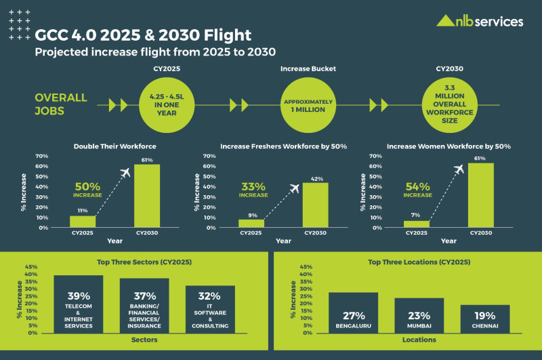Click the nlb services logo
pyautogui.click(x=480, y=21)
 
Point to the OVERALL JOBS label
pyautogui.click(x=61, y=104)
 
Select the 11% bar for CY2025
pyautogui.click(x=83, y=222)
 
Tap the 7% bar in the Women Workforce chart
pyautogui.click(x=417, y=224)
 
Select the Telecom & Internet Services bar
pyautogui.click(x=79, y=304)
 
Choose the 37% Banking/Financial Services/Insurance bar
pyautogui.click(x=144, y=306)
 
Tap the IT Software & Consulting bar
pyautogui.click(x=210, y=309)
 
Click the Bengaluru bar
pyautogui.click(x=353, y=313)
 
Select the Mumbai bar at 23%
pyautogui.click(x=419, y=316)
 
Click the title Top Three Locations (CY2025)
pyautogui.click(x=408, y=262)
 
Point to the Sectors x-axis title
pyautogui.click(x=144, y=340)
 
